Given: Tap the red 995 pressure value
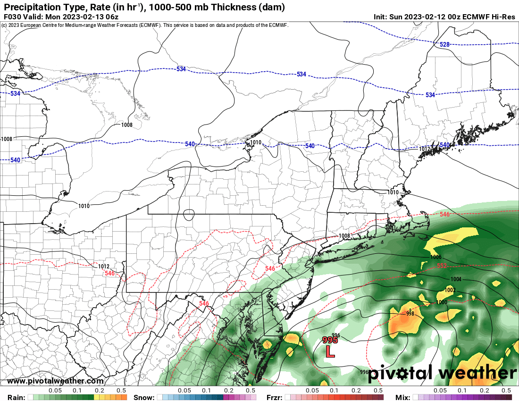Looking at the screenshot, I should click(x=329, y=340).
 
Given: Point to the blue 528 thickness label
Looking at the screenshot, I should click(x=444, y=44).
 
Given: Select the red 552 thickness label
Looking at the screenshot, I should click(x=442, y=266).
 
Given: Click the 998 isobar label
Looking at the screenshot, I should click(x=410, y=313).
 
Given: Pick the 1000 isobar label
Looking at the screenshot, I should click(x=442, y=302).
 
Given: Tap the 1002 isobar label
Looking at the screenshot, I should click(x=450, y=290).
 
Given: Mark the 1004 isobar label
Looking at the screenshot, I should click(x=456, y=279).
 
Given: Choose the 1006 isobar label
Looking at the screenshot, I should click(x=436, y=257).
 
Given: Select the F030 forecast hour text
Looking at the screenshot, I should click(x=13, y=17).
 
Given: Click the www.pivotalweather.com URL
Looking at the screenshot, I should click(x=55, y=381).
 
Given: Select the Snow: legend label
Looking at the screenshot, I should click(x=144, y=397).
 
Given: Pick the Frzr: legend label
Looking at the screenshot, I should click(x=276, y=397).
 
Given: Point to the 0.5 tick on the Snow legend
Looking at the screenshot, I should click(x=251, y=391).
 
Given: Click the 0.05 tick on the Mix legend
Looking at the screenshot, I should click(x=440, y=391).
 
